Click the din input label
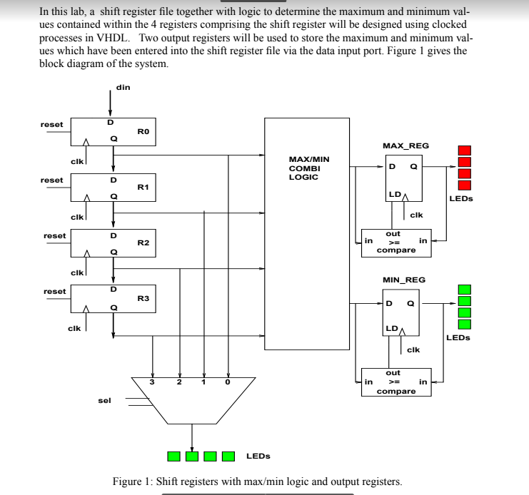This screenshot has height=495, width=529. [x=123, y=88]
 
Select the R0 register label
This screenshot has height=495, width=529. [x=143, y=132]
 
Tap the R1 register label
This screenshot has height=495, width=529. [x=143, y=187]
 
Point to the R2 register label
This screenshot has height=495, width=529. [x=143, y=243]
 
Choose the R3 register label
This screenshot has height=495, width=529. [x=143, y=298]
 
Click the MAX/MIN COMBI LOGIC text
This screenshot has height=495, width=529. [x=308, y=168]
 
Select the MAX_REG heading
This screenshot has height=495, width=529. [x=405, y=146]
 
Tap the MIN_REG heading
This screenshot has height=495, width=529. [x=404, y=280]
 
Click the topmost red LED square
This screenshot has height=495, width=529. [x=465, y=150]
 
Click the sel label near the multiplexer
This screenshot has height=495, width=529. [x=104, y=401]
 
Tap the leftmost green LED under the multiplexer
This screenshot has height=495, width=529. [x=173, y=456]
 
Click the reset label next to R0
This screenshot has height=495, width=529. [x=51, y=124]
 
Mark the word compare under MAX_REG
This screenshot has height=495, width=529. [x=396, y=250]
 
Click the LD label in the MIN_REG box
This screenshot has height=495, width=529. [x=391, y=328]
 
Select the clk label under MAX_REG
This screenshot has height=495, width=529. [x=416, y=215]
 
